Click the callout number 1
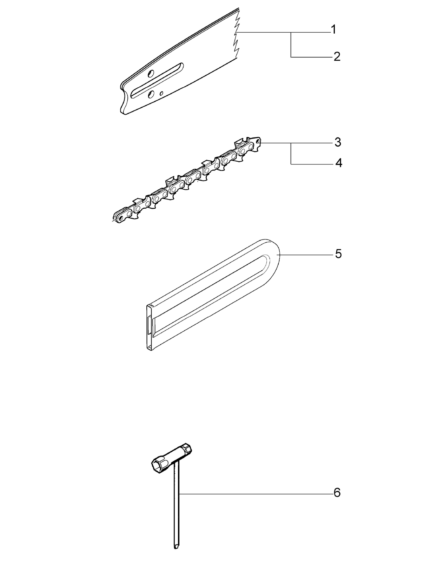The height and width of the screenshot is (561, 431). point(333,30)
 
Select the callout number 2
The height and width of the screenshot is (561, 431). point(337,56)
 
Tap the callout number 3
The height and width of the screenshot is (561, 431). point(337,142)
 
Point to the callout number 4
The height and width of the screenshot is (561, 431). point(338,163)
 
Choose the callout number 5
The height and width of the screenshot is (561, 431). point(338,254)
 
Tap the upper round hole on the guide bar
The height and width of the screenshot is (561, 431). point(150,74)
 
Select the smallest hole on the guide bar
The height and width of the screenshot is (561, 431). point(161,93)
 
